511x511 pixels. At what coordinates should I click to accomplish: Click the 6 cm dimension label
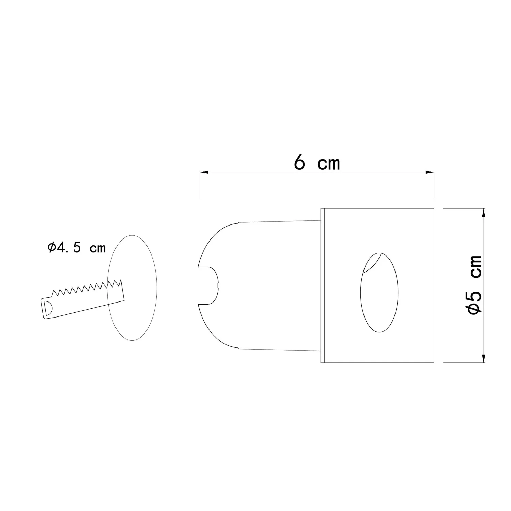(316, 163)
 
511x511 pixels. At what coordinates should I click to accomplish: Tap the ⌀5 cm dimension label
(475, 285)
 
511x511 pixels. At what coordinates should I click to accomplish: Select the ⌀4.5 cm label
(76, 248)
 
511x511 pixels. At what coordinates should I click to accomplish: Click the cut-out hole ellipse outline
(107, 288)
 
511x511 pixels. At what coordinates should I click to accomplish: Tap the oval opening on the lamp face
(379, 292)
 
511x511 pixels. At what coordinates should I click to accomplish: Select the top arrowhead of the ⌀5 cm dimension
(483, 213)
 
